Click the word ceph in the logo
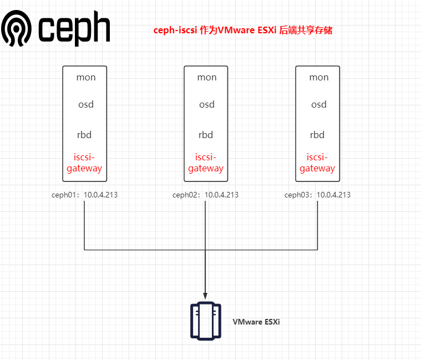point(74,30)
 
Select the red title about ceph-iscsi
point(243,31)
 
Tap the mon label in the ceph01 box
point(86,78)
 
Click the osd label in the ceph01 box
point(84,105)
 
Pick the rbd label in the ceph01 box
point(84,135)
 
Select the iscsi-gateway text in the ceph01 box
point(84,163)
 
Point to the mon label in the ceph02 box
point(207,78)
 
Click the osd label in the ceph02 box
point(206,105)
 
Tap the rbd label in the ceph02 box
point(206,135)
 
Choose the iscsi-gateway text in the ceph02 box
point(206,163)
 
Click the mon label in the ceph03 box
point(319,78)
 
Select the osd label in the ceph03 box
point(318,105)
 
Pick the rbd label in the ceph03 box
point(317,135)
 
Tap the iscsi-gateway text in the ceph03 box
point(317,163)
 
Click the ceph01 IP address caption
point(84,195)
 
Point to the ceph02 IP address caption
point(205,195)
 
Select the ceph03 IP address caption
point(317,195)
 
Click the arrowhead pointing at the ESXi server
point(206,296)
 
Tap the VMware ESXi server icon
point(206,321)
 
